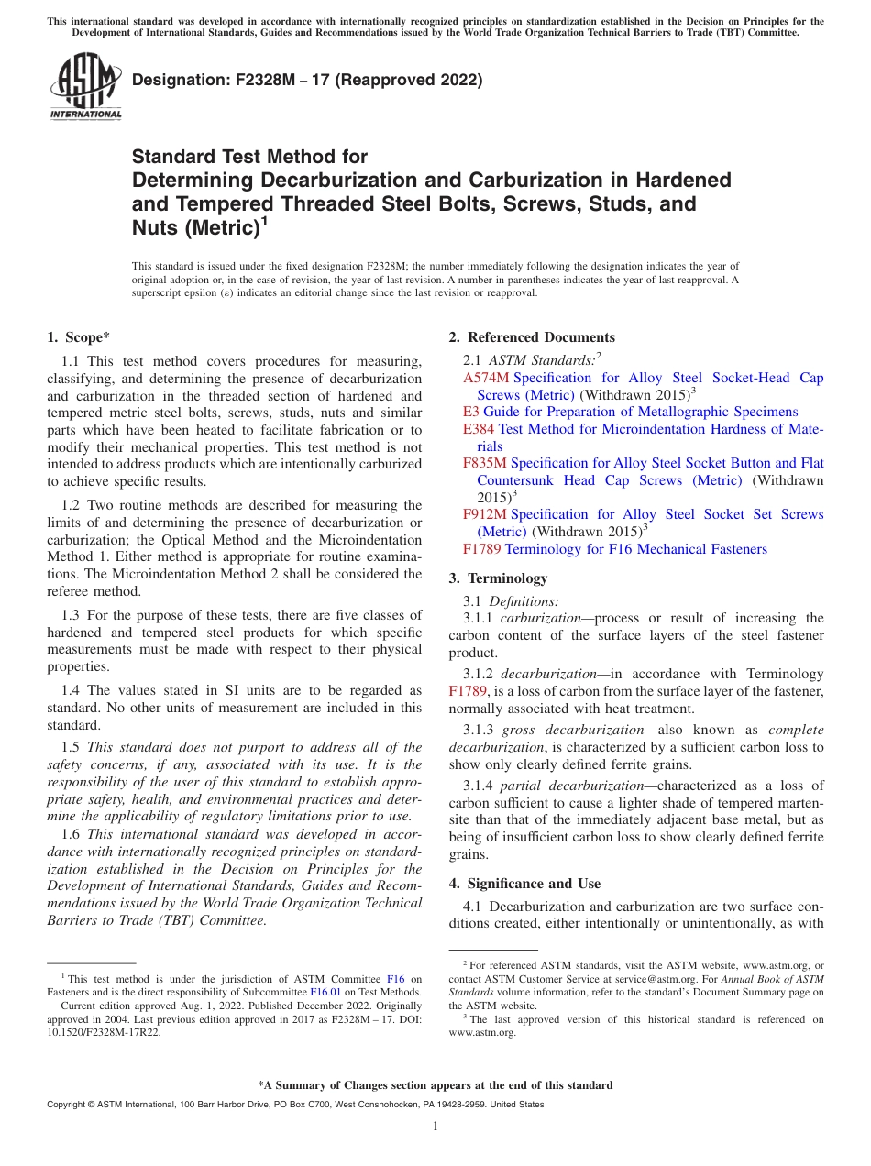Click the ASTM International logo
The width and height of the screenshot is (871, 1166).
(x=84, y=86)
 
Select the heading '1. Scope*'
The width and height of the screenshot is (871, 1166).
(x=79, y=337)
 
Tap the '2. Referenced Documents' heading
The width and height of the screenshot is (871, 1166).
(x=532, y=337)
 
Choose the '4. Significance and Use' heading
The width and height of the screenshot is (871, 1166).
(x=524, y=884)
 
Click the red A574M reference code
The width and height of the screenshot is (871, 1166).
(x=485, y=378)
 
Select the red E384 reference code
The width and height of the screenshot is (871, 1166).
(x=478, y=429)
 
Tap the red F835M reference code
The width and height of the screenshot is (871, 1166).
(x=485, y=464)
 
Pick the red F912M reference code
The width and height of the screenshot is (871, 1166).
(x=485, y=515)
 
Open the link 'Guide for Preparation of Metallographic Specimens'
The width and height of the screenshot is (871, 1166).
(x=640, y=412)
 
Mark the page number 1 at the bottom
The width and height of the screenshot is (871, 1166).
(x=435, y=1126)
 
